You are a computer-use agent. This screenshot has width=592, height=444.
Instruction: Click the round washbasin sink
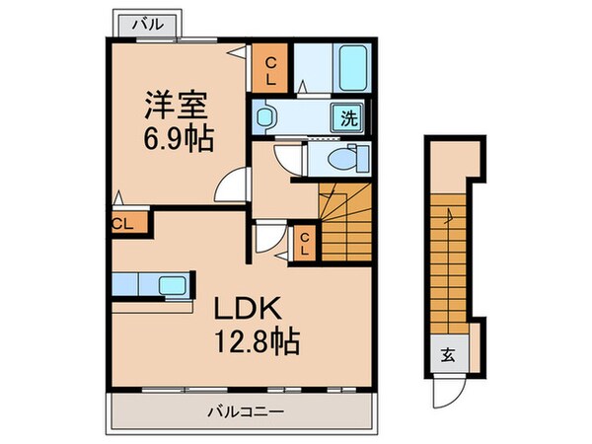tap(264, 118)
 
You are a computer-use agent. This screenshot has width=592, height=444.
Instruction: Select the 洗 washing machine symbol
tap(350, 116)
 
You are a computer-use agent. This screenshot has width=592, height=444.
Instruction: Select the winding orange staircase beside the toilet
tap(345, 223)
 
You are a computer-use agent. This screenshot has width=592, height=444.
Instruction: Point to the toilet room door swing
tap(286, 158)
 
